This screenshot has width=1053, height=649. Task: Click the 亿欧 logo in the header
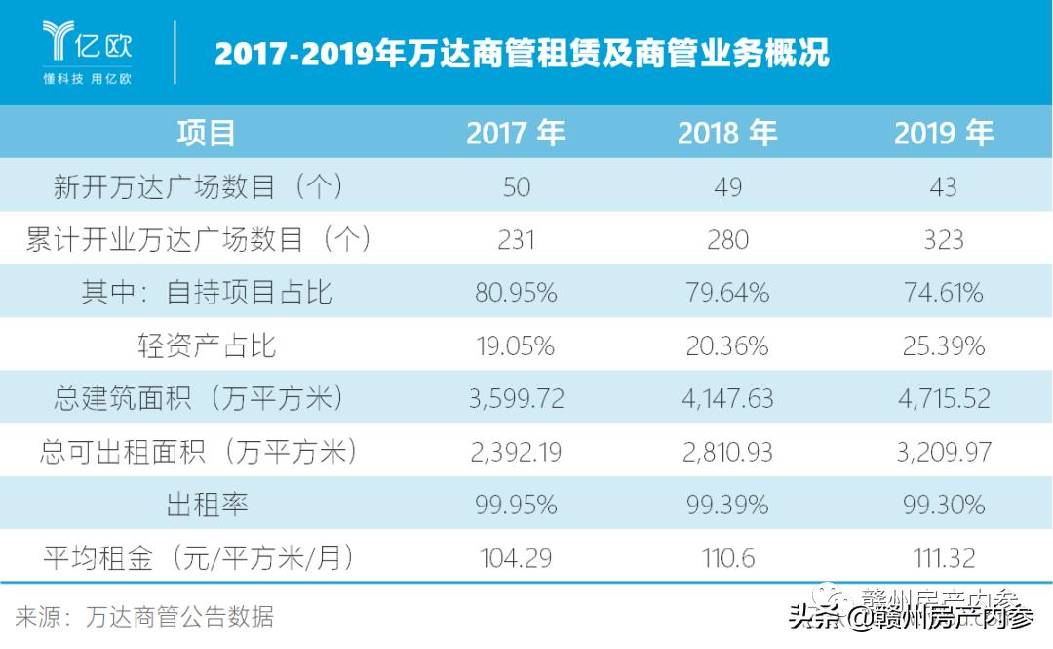click(88, 51)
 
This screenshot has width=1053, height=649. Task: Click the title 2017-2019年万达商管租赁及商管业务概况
click(522, 53)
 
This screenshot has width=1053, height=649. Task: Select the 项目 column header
click(206, 133)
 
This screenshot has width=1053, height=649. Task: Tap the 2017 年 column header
click(516, 133)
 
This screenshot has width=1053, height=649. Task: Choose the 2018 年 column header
click(727, 133)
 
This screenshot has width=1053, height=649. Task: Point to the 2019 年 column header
click(943, 133)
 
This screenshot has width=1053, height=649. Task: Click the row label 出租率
click(206, 505)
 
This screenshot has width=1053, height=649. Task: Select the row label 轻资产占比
click(206, 345)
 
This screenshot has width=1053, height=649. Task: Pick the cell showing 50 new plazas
click(516, 186)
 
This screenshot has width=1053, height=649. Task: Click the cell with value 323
click(943, 239)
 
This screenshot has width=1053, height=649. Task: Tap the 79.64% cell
click(727, 293)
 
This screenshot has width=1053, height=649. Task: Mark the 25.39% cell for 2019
click(943, 345)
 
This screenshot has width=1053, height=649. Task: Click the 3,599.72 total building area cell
click(516, 398)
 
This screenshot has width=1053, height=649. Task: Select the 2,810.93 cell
click(727, 452)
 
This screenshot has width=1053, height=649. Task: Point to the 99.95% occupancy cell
click(516, 505)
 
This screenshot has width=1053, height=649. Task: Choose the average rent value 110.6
click(727, 558)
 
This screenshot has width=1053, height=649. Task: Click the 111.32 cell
click(943, 558)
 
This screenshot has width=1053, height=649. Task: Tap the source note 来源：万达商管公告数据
click(144, 617)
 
